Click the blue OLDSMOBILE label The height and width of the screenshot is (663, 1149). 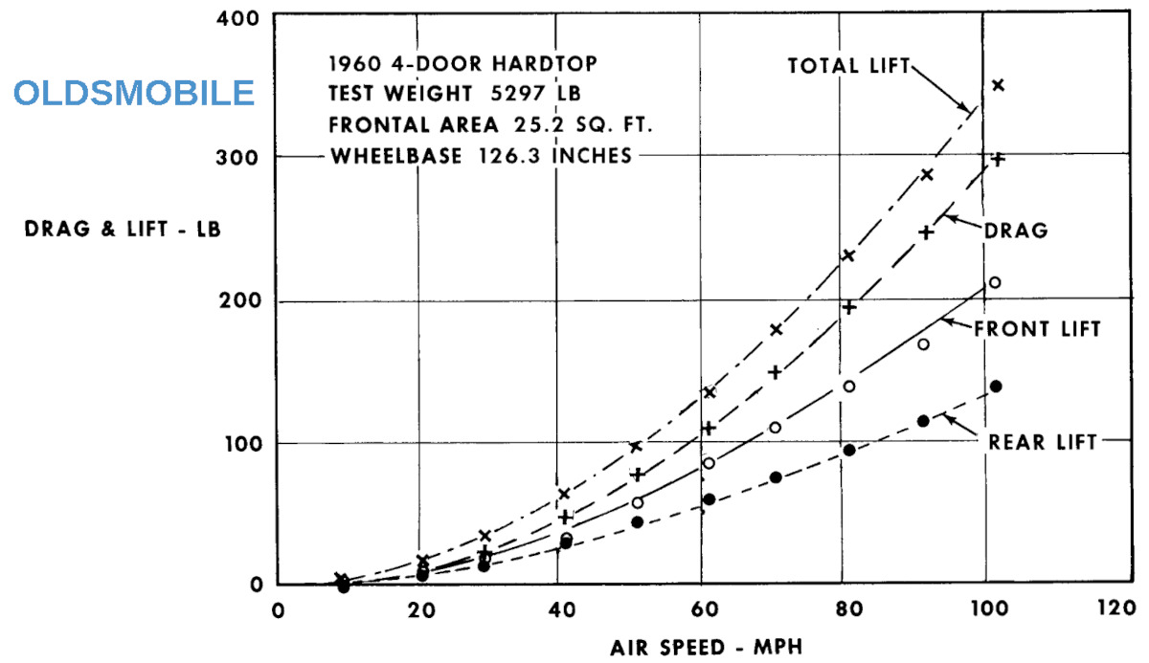(x=134, y=93)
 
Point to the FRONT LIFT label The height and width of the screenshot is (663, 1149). (x=1036, y=329)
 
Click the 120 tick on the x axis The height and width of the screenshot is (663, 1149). (x=1115, y=609)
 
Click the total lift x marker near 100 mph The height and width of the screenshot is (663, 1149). (x=998, y=85)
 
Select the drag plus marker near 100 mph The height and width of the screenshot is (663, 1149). (x=998, y=159)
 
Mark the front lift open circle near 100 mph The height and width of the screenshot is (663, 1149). (x=995, y=282)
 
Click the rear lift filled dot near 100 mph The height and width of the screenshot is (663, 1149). (x=996, y=387)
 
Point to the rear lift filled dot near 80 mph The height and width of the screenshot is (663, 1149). (x=848, y=450)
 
